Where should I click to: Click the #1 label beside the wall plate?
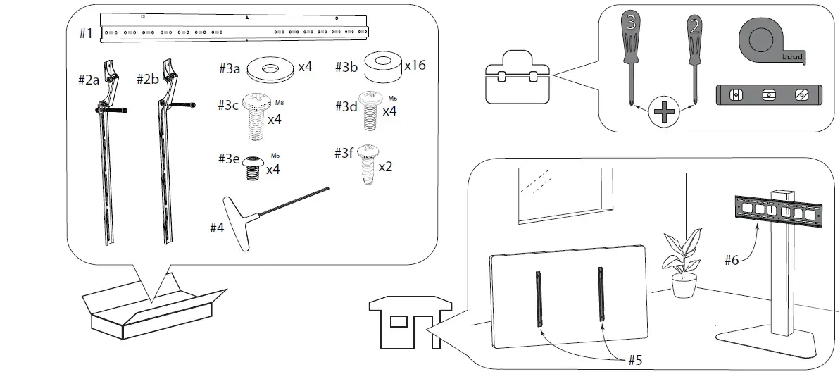[x=84, y=33]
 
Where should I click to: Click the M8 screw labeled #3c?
[x=256, y=113]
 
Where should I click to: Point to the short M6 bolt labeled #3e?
[x=253, y=166]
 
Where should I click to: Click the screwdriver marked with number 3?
[x=631, y=49]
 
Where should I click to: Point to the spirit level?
[x=768, y=94]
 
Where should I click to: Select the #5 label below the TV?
[x=635, y=359]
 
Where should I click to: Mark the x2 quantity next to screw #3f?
[x=386, y=168]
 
